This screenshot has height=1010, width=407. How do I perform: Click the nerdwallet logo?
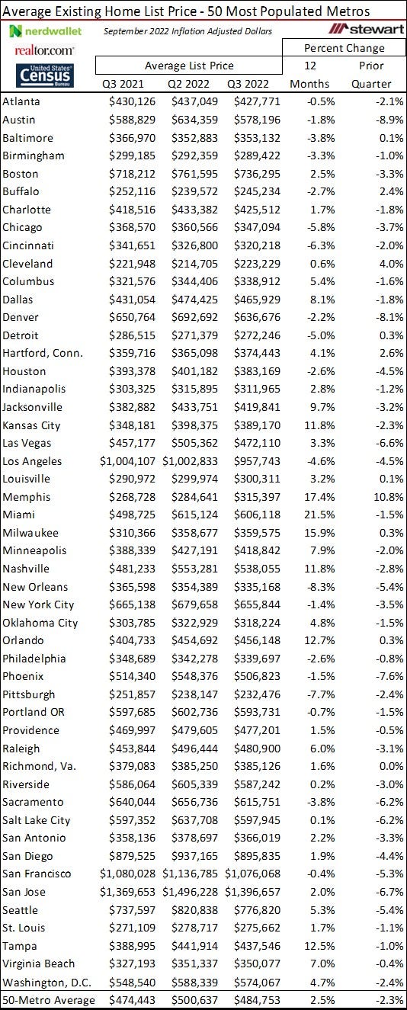pyautogui.click(x=46, y=31)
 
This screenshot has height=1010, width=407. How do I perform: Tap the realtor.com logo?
pyautogui.click(x=44, y=50)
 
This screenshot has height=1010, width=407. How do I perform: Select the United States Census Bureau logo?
pyautogui.click(x=45, y=75)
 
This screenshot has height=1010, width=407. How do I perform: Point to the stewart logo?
pyautogui.click(x=366, y=29)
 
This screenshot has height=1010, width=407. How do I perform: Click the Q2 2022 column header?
pyautogui.click(x=188, y=84)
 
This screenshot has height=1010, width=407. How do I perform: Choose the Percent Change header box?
pyautogui.click(x=345, y=48)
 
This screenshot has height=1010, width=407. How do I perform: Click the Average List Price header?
pyautogui.click(x=189, y=66)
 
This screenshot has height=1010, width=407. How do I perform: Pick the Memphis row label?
pyautogui.click(x=27, y=497)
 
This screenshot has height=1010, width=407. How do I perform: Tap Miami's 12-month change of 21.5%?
pyautogui.click(x=319, y=515)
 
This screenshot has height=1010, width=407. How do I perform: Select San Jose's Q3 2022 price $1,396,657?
pyautogui.click(x=252, y=892)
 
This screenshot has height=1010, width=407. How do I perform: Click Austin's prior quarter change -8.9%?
pyautogui.click(x=390, y=120)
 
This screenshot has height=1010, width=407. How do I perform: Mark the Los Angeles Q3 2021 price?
pyautogui.click(x=127, y=461)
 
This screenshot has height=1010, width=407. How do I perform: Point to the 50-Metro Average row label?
pyautogui.click(x=49, y=1000)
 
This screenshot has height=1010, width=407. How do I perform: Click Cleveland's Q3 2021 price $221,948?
pyautogui.click(x=132, y=264)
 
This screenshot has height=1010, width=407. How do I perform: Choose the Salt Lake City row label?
pyautogui.click(x=37, y=820)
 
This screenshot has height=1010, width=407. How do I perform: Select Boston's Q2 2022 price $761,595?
pyautogui.click(x=194, y=174)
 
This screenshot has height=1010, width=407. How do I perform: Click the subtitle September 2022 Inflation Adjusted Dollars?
pyautogui.click(x=188, y=31)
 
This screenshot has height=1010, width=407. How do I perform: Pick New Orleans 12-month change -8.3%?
pyautogui.click(x=321, y=587)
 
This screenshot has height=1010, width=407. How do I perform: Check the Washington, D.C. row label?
pyautogui.click(x=47, y=983)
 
